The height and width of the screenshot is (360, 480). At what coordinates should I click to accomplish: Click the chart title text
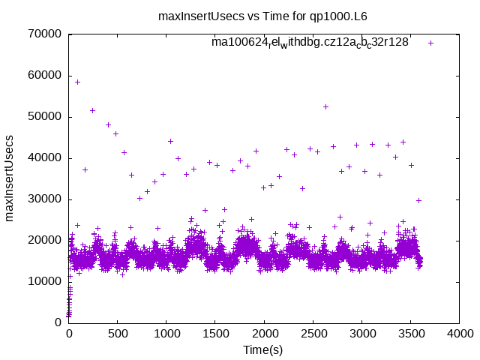(x=262, y=16)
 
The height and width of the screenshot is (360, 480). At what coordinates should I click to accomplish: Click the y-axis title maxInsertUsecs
(x=10, y=178)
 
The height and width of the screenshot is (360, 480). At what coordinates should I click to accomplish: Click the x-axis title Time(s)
(x=262, y=350)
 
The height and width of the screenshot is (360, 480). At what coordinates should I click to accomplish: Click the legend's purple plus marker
(x=430, y=43)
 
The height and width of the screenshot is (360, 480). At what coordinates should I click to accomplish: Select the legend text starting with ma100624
(x=310, y=43)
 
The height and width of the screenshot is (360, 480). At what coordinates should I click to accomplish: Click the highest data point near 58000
(x=77, y=82)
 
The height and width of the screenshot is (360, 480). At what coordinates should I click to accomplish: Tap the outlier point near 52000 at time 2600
(x=325, y=106)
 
